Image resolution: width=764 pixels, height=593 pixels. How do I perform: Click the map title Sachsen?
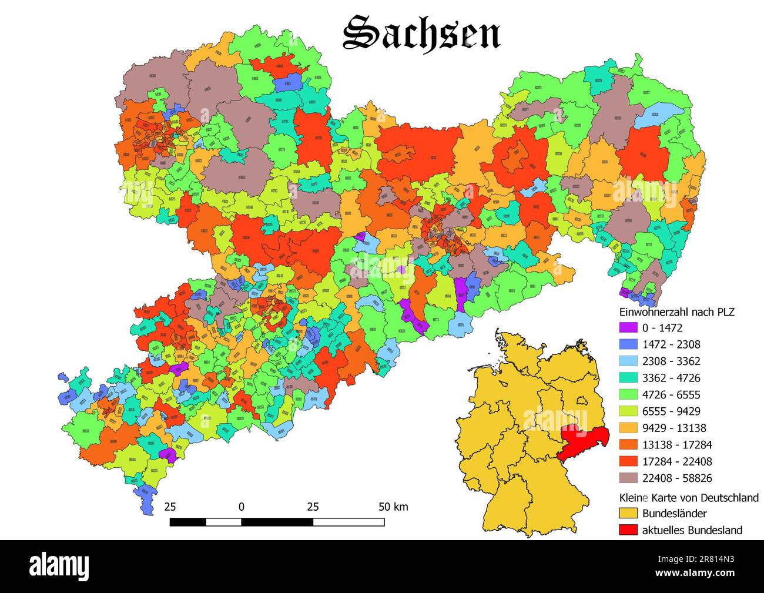pyautogui.click(x=421, y=32)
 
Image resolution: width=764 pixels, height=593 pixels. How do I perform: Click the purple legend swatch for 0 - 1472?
pyautogui.click(x=628, y=328)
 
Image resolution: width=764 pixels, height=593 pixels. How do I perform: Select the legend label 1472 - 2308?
pyautogui.click(x=671, y=344)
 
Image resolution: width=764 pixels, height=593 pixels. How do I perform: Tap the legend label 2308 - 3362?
pyautogui.click(x=671, y=361)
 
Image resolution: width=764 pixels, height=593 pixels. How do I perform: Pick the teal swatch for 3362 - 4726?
pyautogui.click(x=628, y=378)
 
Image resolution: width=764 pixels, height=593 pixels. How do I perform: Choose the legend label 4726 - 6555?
pyautogui.click(x=671, y=394)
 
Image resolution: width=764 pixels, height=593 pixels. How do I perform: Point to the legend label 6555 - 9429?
pyautogui.click(x=671, y=411)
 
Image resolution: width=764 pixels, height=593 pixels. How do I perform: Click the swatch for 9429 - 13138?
pyautogui.click(x=628, y=428)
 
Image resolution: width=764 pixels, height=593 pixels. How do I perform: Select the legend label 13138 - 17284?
pyautogui.click(x=676, y=444)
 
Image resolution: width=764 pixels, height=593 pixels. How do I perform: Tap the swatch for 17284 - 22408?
pyautogui.click(x=628, y=461)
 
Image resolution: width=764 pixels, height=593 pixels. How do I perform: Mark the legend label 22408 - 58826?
pyautogui.click(x=676, y=478)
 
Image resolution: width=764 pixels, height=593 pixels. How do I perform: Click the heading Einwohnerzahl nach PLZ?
pyautogui.click(x=677, y=311)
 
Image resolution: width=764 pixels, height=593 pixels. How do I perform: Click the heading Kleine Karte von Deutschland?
pyautogui.click(x=689, y=497)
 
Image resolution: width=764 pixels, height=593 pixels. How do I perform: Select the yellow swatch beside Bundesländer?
pyautogui.click(x=628, y=513)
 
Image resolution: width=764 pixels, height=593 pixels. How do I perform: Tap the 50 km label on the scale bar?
pyautogui.click(x=393, y=507)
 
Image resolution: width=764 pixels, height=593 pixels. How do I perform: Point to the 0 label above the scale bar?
pyautogui.click(x=242, y=507)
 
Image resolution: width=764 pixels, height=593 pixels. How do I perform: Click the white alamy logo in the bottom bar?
pyautogui.click(x=59, y=567)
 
